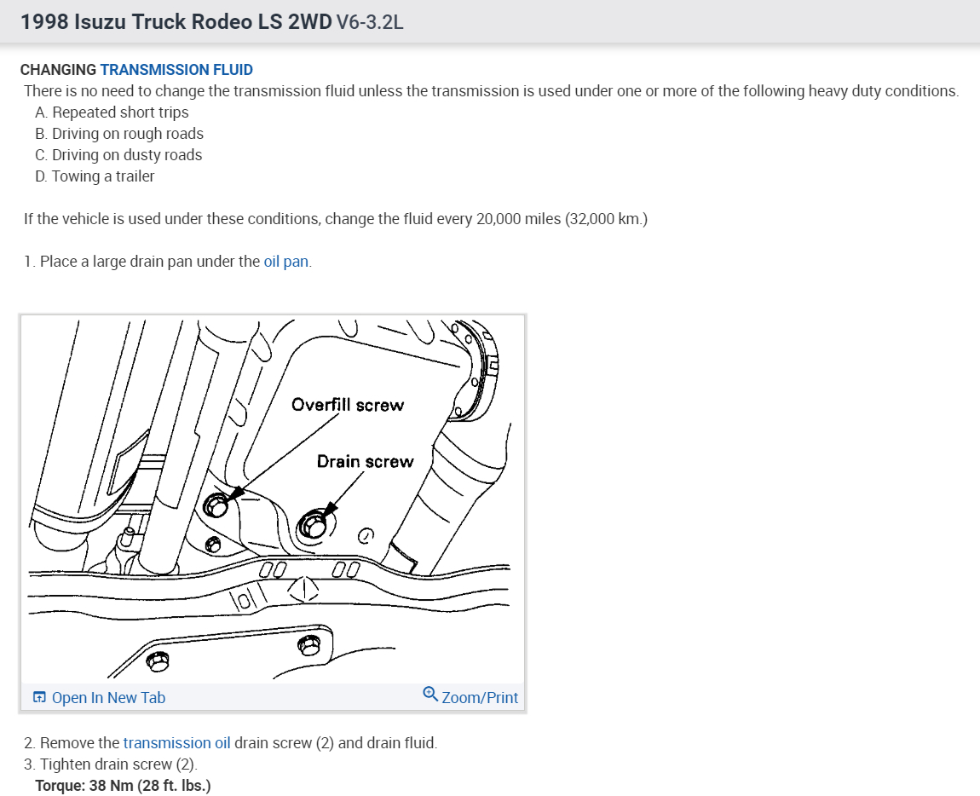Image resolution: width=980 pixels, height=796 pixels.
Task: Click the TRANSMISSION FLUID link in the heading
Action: tap(176, 70)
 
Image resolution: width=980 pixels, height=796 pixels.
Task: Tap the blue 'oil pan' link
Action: tap(285, 262)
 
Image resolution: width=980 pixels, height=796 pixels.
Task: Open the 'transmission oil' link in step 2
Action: tap(176, 742)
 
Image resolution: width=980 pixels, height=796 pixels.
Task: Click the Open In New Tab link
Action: tap(108, 698)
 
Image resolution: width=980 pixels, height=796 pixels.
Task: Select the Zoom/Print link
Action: tap(480, 698)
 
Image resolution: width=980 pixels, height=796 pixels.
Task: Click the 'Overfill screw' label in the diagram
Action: tap(347, 405)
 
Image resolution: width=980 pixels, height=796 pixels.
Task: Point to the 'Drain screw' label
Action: tap(365, 462)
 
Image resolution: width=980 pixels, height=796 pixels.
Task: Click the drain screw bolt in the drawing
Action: tap(313, 527)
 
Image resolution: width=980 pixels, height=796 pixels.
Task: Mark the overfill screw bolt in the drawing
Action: tap(216, 506)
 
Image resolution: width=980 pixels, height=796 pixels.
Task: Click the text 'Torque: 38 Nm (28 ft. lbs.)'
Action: tap(123, 785)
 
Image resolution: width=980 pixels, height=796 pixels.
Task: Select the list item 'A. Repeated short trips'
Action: tap(112, 112)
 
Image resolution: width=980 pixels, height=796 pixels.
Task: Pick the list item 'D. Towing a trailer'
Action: tap(95, 176)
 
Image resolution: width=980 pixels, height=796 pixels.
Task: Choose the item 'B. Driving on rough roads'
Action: tap(119, 134)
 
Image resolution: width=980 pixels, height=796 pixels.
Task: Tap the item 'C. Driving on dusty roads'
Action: tap(118, 155)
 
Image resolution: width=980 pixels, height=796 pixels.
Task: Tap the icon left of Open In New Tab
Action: tap(39, 698)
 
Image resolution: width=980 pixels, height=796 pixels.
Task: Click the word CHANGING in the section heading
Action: tap(58, 70)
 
